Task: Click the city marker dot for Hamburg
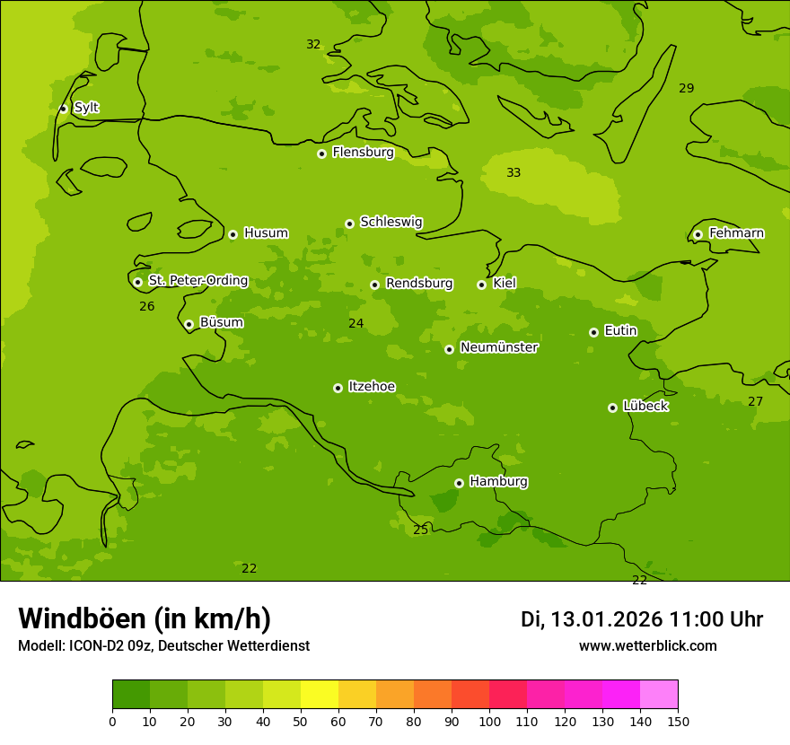[x=459, y=483]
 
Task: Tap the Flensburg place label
[x=363, y=153]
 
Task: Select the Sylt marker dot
[x=63, y=109]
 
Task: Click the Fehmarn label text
[x=736, y=233]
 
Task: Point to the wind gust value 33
[x=513, y=173]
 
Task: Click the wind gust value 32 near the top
[x=313, y=45]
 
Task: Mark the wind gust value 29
[x=687, y=89]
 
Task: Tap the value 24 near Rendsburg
[x=356, y=324]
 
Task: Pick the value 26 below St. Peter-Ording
[x=147, y=307]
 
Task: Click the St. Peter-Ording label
[x=197, y=281]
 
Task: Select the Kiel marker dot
[x=481, y=285]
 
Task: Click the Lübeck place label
[x=645, y=407]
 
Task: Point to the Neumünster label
[x=499, y=347]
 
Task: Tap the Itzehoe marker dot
[x=338, y=388]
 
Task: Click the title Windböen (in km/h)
[x=145, y=618]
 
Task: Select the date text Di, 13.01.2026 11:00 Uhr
[x=642, y=619]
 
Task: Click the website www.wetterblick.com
[x=648, y=646]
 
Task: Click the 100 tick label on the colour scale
[x=489, y=721]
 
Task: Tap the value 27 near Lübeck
[x=756, y=402]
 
